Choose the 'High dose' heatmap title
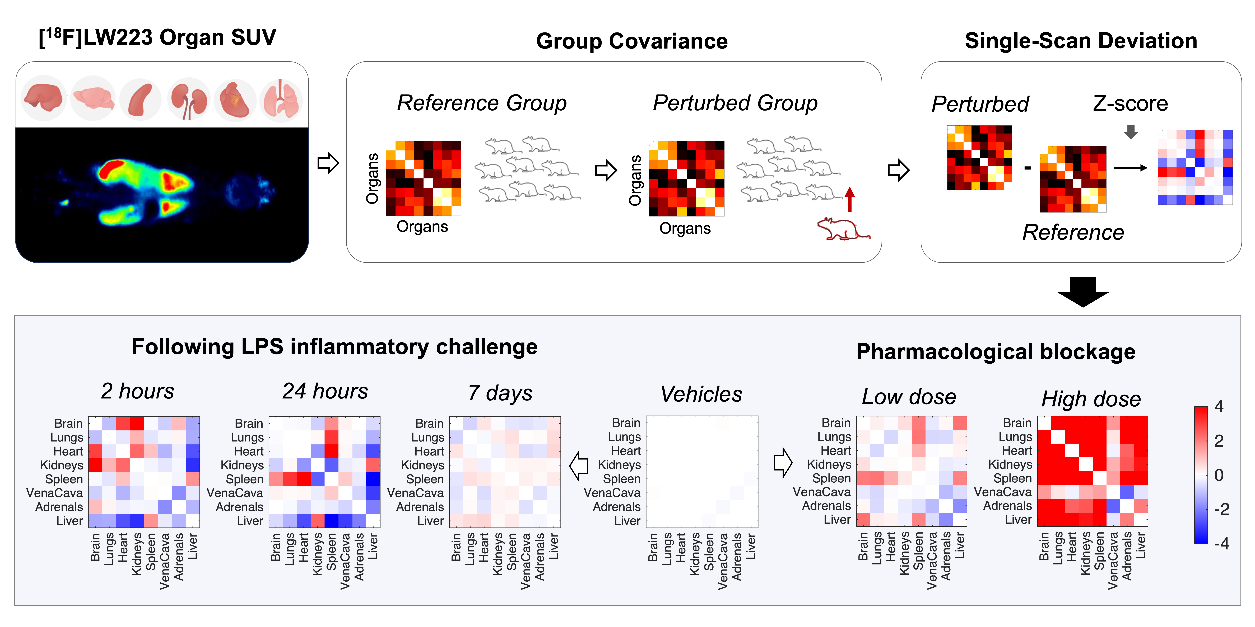click(1091, 399)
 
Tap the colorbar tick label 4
click(1219, 406)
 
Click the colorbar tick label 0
click(1219, 475)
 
